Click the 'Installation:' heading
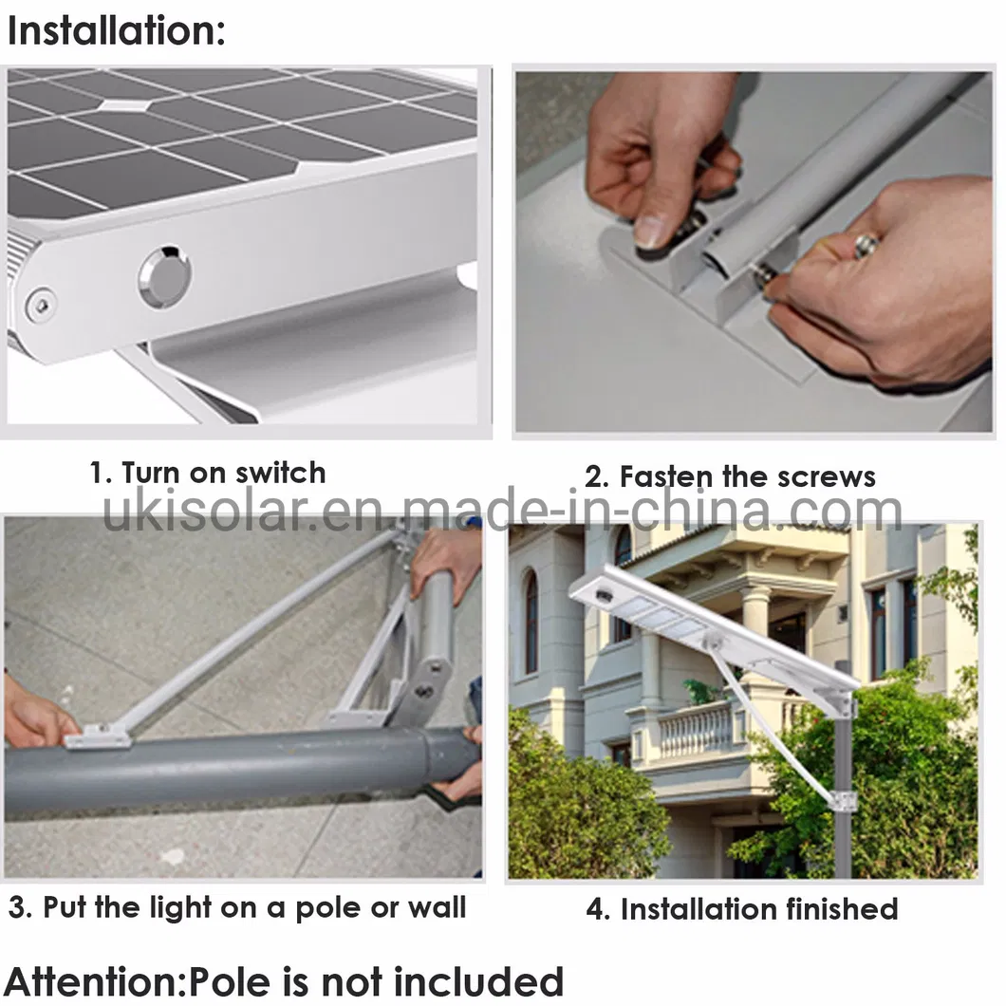point(116,30)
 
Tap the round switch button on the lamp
point(163,277)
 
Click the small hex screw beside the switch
point(39,305)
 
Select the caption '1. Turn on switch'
point(207,473)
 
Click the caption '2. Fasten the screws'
point(729,476)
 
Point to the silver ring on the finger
point(866,246)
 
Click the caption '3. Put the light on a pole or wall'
point(237,907)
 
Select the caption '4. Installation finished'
point(741,908)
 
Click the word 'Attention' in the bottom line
point(92,980)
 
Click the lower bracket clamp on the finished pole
point(842,799)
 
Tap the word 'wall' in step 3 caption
point(437,907)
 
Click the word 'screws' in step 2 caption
point(821,476)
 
